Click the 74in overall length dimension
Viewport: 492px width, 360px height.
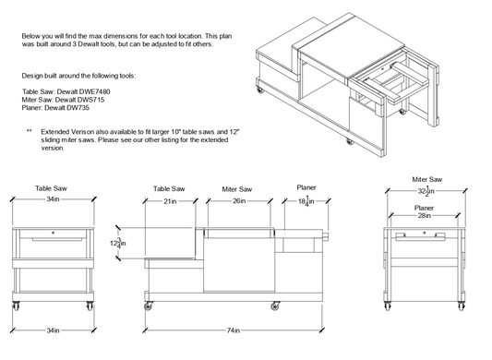click(234, 330)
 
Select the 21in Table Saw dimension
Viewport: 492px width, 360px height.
click(170, 201)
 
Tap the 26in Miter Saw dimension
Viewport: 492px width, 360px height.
click(239, 200)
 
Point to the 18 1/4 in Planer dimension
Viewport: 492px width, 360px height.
click(306, 200)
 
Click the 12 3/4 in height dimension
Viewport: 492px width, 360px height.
click(118, 243)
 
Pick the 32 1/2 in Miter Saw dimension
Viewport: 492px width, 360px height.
click(426, 190)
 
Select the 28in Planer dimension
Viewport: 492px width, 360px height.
click(425, 216)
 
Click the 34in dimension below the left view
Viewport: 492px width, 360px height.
click(53, 330)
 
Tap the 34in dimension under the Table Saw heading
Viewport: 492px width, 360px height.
click(53, 199)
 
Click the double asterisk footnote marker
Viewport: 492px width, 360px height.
click(30, 131)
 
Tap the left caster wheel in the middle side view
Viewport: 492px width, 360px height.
click(149, 306)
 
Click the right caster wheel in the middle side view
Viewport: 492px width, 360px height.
click(275, 306)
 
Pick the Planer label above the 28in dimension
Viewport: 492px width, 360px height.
click(425, 208)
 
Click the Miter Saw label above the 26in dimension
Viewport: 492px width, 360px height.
click(237, 189)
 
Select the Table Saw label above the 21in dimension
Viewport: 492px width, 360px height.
click(169, 188)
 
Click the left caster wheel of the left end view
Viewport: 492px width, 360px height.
click(16, 306)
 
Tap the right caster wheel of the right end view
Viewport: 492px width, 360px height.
click(461, 306)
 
